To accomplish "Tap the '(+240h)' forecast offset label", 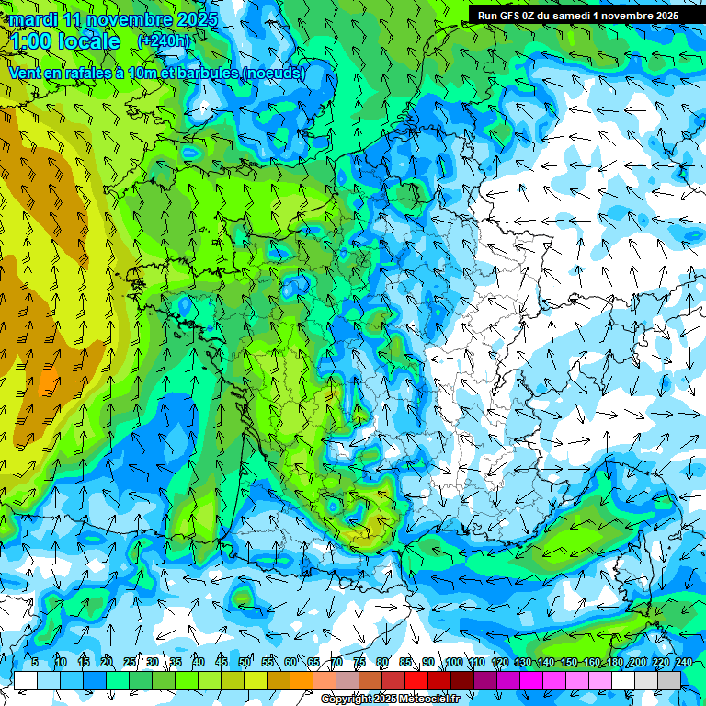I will pos(165,40).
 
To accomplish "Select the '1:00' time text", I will pos(30,41).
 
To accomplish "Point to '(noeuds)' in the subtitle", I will pos(273,73).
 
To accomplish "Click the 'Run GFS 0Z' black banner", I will pos(577,15).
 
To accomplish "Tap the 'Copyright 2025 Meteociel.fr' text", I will pos(390,700).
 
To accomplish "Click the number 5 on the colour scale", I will pos(34,663).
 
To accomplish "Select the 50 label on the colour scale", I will pos(245,663).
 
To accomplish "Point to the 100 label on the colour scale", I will pos(453,663).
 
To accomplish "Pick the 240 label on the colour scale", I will pos(683,663).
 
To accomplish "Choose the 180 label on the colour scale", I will pos(614,663).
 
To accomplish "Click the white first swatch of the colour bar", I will pos(26,680).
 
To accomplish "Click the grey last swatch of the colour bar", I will pos(669,680).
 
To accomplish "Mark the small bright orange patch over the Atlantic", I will pos(48,378).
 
